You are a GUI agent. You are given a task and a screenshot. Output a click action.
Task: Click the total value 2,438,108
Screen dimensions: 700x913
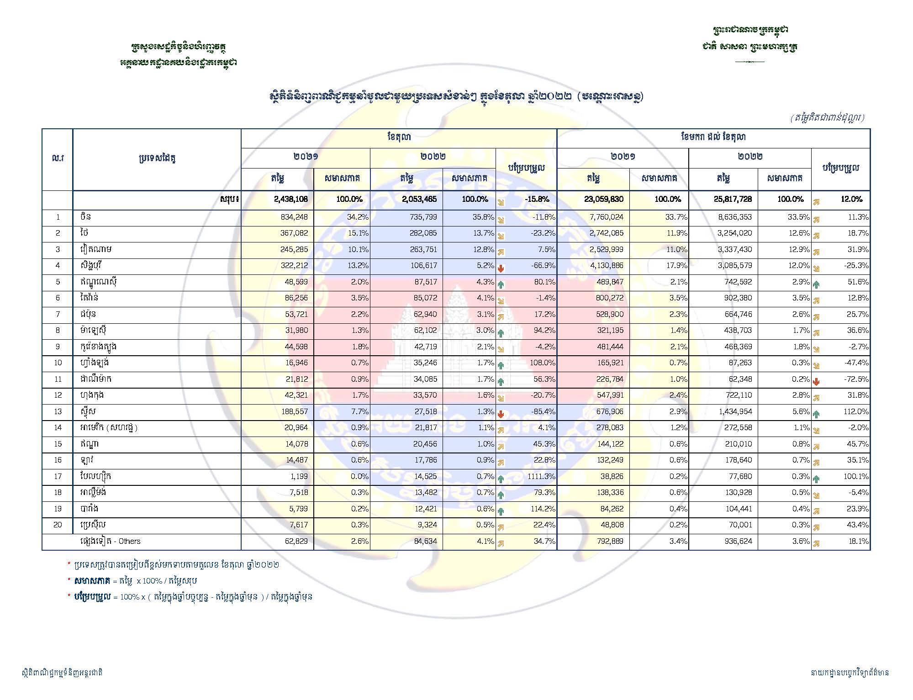(290, 199)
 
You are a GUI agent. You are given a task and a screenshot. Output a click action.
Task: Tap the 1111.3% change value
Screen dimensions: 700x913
(540, 477)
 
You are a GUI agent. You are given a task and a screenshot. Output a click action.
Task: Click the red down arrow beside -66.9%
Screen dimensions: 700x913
(501, 268)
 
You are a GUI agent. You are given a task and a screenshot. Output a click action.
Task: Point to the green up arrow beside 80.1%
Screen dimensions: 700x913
(501, 284)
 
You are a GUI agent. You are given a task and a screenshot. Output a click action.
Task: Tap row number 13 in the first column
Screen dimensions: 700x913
(58, 411)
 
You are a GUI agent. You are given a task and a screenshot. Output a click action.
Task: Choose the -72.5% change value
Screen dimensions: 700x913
(858, 379)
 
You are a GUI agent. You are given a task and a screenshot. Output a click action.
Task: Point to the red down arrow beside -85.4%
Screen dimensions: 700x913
(501, 414)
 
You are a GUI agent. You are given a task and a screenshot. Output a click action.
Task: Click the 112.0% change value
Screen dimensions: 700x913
(858, 411)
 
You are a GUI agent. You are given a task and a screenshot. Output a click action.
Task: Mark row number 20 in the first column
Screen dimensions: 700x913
(58, 525)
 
